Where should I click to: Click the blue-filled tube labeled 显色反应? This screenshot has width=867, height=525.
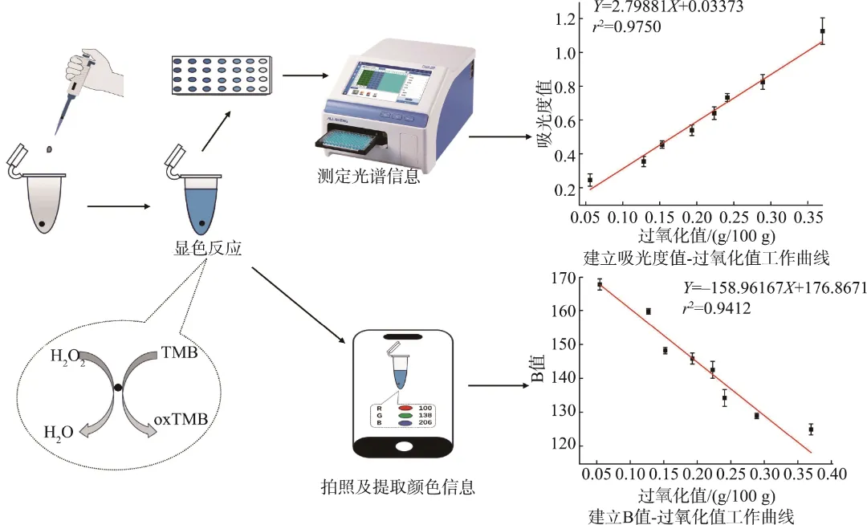193,205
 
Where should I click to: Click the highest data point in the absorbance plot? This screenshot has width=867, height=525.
822,31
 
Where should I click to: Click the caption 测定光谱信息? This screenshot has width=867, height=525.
369,177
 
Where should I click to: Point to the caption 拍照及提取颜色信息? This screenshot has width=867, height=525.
397,486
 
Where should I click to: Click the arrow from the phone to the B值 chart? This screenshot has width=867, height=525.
492,386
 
